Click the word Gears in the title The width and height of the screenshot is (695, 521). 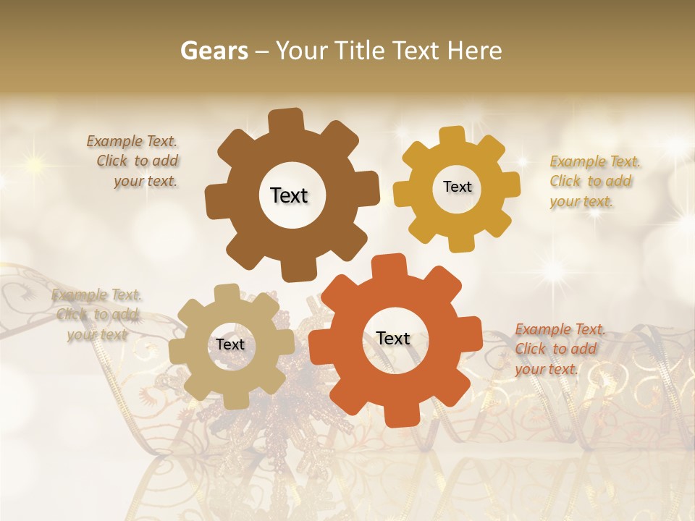pyautogui.click(x=214, y=51)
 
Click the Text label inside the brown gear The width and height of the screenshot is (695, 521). pyautogui.click(x=289, y=195)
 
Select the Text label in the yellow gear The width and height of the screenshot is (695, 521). pyautogui.click(x=457, y=187)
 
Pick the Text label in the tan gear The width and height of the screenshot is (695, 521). pyautogui.click(x=230, y=345)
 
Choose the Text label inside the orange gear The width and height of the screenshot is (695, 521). pyautogui.click(x=393, y=339)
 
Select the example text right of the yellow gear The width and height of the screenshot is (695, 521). pyautogui.click(x=594, y=181)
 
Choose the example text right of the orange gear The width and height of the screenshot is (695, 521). pyautogui.click(x=559, y=350)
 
